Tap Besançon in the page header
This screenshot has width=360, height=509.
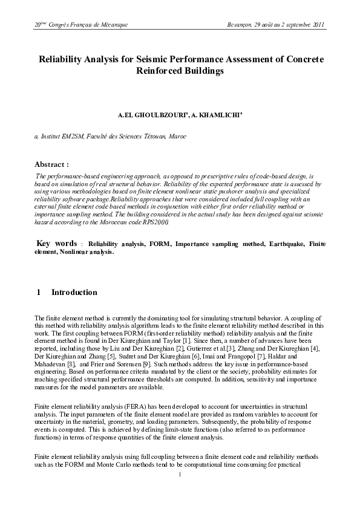[241, 25]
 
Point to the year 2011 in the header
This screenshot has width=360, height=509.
[318, 25]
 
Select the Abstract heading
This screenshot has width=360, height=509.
[51, 164]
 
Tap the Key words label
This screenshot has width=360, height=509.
[57, 243]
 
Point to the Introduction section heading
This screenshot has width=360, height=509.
[74, 293]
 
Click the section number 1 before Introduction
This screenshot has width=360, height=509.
[39, 293]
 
